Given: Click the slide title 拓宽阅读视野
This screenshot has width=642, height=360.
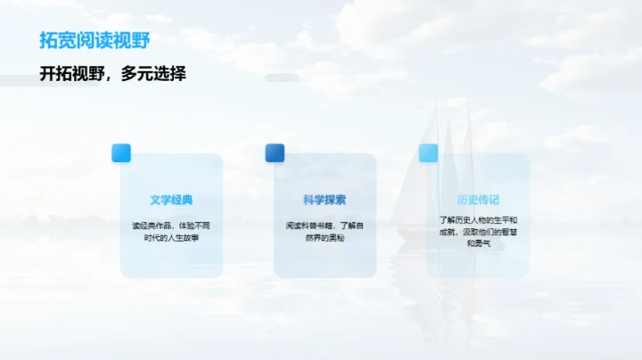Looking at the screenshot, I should [95, 41].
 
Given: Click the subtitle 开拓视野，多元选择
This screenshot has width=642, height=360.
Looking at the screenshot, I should [113, 74].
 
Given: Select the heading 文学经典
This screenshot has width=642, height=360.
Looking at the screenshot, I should [171, 200].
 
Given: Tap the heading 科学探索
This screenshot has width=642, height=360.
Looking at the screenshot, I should [325, 200].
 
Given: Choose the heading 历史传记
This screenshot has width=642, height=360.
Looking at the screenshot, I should [478, 200].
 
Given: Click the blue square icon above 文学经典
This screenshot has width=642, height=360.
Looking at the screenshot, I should [121, 152].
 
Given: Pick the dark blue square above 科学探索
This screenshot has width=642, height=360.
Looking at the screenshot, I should [275, 152].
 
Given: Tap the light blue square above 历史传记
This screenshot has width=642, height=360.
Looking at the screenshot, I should [428, 152].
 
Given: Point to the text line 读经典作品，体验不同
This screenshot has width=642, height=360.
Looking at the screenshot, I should [171, 225].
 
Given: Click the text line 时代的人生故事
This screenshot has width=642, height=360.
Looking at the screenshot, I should [171, 238].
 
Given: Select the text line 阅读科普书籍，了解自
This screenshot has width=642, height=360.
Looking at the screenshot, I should [325, 225].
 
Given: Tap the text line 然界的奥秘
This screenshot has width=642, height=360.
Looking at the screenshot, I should [325, 238].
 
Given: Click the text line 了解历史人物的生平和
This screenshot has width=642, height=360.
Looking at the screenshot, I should [478, 219].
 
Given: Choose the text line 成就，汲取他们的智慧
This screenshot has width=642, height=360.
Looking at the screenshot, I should [478, 232].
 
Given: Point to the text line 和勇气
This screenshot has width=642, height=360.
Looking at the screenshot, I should [478, 243].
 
